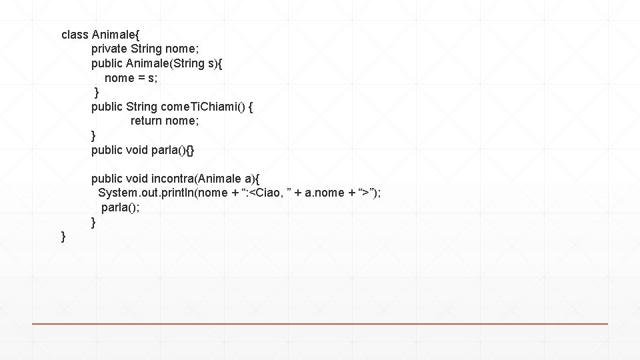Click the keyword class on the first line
(x=75, y=33)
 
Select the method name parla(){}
(x=173, y=150)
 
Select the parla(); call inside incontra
(x=121, y=207)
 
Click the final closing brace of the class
(x=63, y=237)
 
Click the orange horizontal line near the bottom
(x=320, y=324)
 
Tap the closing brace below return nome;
(x=94, y=135)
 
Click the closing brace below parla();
(x=94, y=222)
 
